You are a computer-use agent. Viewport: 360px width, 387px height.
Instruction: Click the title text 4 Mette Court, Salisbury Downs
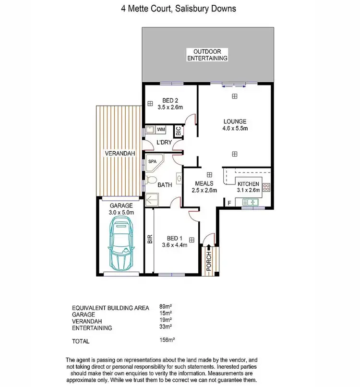180,9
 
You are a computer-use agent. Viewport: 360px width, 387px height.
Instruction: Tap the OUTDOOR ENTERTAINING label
207,55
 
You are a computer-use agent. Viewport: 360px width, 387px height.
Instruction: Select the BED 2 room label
170,100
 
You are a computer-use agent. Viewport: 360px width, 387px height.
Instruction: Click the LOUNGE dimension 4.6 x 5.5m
234,129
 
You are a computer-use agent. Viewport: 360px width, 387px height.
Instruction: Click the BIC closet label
178,130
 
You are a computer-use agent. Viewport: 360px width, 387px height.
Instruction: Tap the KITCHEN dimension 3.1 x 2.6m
249,190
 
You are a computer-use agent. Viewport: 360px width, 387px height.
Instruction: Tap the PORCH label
209,263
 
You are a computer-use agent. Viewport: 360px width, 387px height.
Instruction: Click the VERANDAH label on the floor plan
118,153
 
